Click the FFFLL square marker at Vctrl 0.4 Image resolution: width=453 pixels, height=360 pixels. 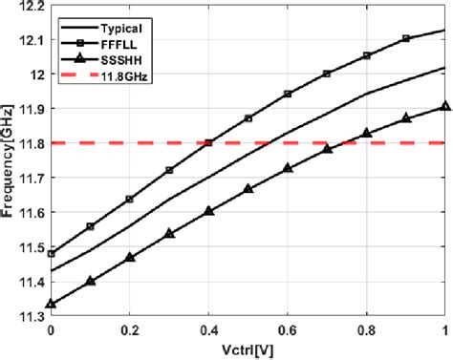tap(209, 142)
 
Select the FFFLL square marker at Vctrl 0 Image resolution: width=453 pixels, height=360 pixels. tap(51, 254)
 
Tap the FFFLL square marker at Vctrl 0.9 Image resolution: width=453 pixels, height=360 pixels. tap(406, 38)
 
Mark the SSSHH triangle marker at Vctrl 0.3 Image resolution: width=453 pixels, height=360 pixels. tap(169, 233)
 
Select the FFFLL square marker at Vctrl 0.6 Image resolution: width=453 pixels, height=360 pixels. tap(288, 94)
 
